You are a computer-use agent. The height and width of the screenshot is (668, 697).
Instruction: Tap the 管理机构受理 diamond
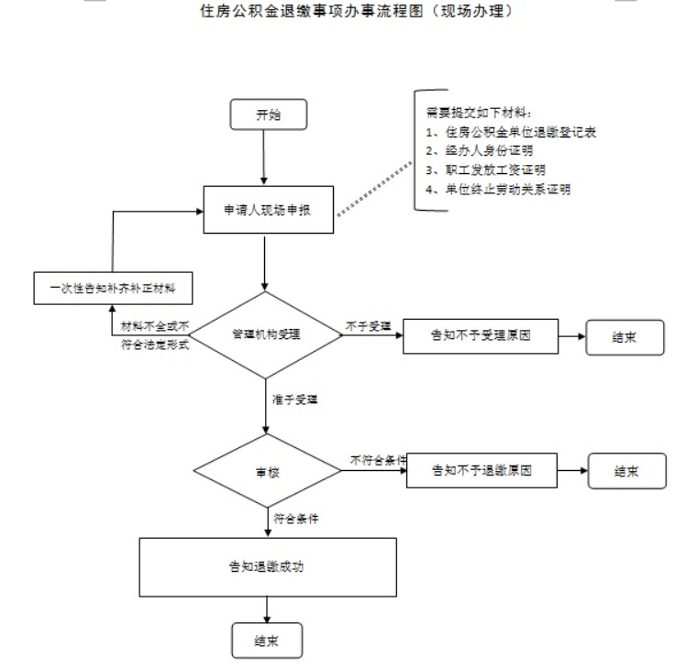pos(265,334)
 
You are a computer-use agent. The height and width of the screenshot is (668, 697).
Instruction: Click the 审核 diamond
pos(265,473)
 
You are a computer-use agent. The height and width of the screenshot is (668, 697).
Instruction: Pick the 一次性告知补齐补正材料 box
pos(113,289)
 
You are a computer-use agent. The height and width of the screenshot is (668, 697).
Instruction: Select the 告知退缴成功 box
pos(267,566)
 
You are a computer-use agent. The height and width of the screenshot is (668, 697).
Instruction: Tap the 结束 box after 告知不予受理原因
pos(625,336)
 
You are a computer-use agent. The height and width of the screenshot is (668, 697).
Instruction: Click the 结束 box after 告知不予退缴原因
pos(626,472)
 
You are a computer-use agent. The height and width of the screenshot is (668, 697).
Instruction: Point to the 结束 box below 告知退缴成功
pos(265,641)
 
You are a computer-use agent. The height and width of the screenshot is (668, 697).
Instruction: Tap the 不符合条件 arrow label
pos(376,459)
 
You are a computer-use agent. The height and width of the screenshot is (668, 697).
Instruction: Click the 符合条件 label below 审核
pos(296,519)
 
